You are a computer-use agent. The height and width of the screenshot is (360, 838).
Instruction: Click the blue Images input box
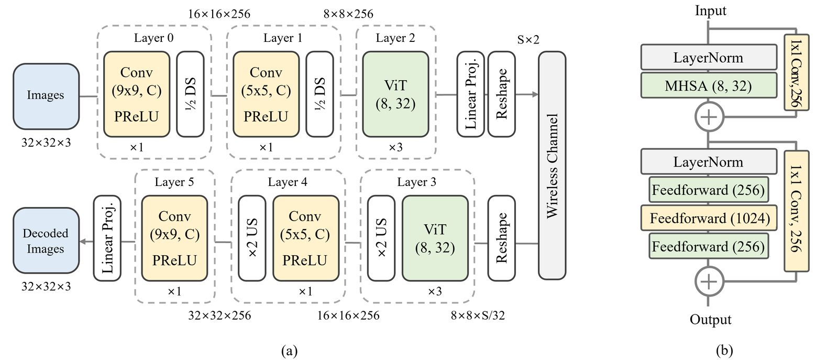(46, 96)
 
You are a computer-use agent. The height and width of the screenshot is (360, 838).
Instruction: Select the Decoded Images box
(46, 241)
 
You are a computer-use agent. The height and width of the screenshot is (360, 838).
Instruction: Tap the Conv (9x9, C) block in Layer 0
(137, 94)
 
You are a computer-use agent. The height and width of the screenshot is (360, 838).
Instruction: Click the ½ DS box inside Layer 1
(320, 94)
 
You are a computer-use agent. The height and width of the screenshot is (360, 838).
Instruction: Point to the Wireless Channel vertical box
(552, 165)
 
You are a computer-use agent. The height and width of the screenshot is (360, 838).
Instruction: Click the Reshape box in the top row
(501, 94)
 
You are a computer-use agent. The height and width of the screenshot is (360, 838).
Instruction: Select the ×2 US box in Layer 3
(381, 238)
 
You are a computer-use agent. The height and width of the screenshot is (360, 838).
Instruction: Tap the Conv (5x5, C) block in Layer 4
(305, 238)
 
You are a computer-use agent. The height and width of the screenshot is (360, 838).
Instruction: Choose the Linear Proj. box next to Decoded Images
(107, 238)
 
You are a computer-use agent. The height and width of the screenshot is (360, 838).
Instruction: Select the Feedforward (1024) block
(710, 219)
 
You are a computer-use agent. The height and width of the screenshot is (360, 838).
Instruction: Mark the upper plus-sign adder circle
(709, 117)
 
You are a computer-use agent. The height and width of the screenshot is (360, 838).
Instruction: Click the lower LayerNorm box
(708, 162)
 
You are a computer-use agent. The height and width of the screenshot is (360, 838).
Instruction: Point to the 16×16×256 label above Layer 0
(219, 14)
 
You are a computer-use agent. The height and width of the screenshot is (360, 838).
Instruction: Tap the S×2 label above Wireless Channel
(528, 40)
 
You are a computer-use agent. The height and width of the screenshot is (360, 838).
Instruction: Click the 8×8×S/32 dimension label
(478, 315)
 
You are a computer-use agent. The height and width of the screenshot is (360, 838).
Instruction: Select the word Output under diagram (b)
(710, 320)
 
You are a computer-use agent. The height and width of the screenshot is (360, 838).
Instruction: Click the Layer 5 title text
(174, 182)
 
